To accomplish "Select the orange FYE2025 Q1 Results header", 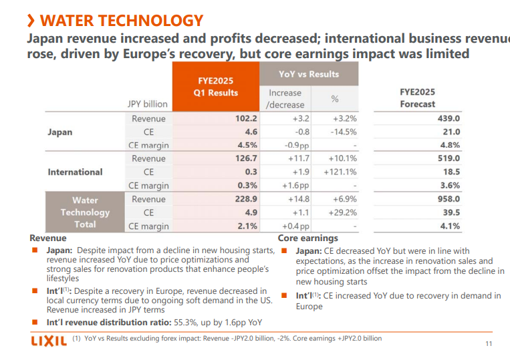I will (215, 87).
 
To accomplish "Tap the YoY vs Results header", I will (308, 74).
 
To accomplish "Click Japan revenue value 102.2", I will (245, 119).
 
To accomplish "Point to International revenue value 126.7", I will (245, 159).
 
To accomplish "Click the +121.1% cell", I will (342, 172).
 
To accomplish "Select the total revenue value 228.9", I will (245, 199).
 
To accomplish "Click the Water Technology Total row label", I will (85, 212).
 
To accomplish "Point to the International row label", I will (75, 172).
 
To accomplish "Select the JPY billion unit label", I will (148, 104).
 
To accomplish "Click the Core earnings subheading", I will (307, 238).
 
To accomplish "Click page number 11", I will (488, 344).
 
